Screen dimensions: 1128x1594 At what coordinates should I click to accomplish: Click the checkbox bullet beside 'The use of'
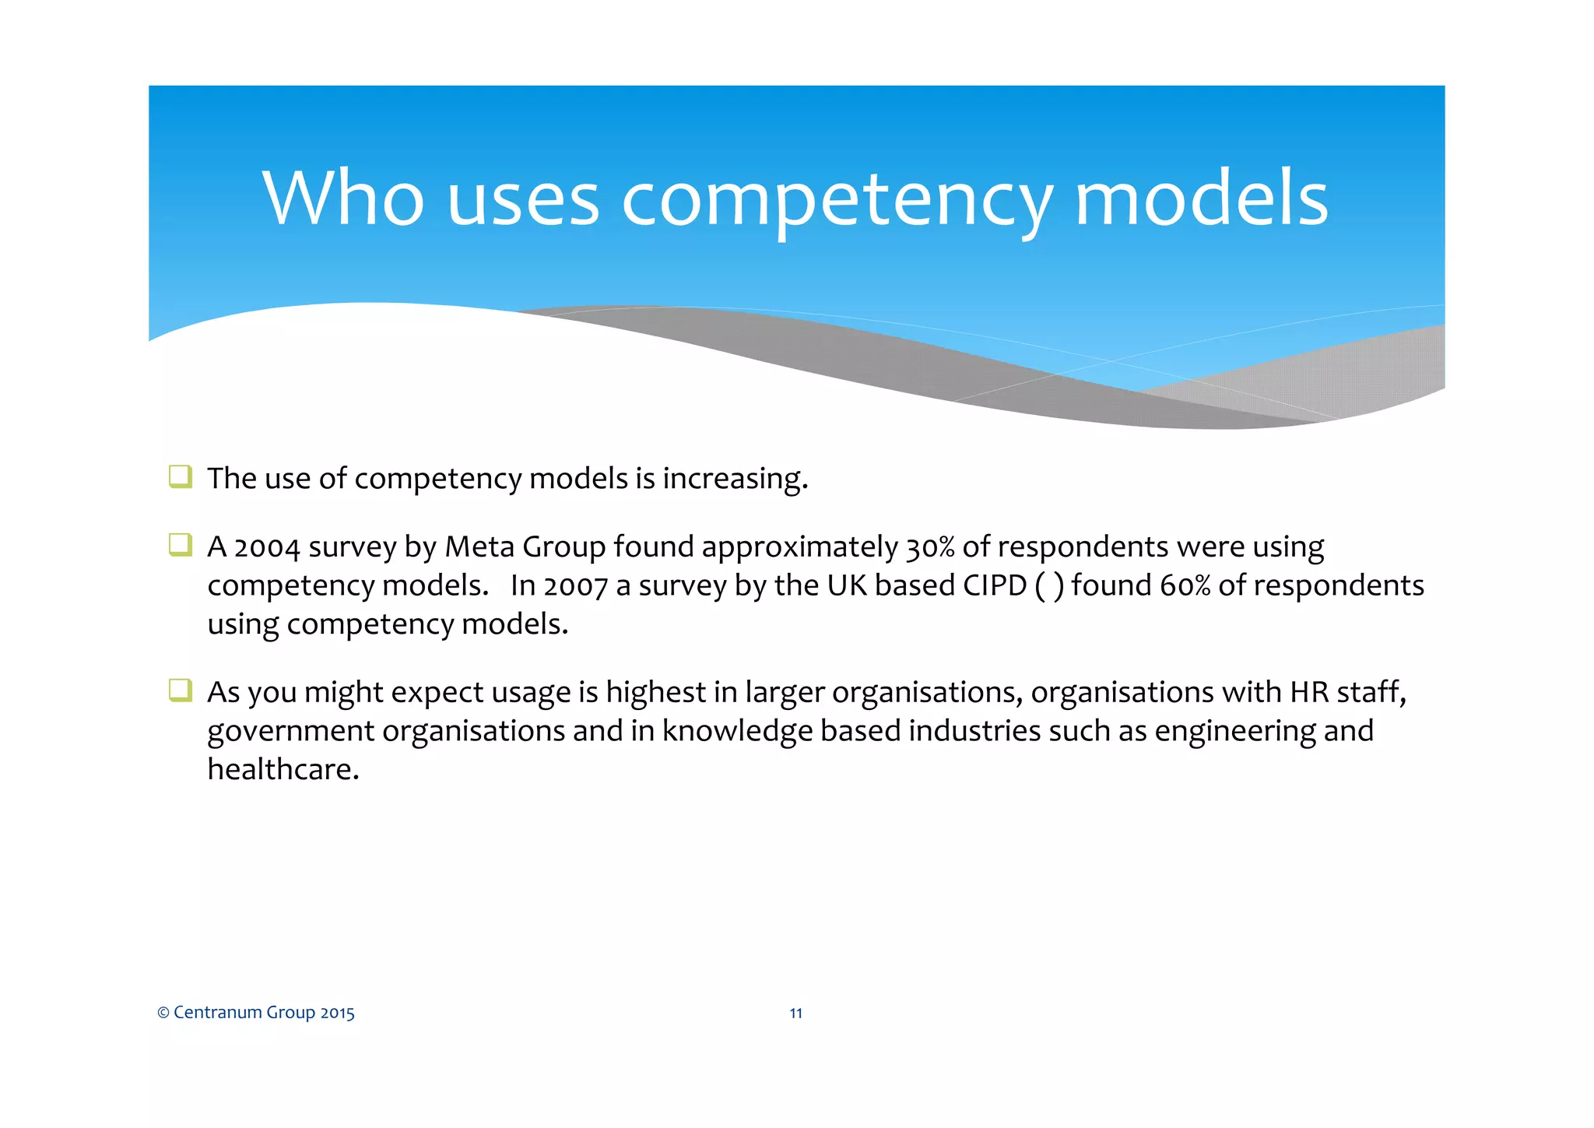point(181,476)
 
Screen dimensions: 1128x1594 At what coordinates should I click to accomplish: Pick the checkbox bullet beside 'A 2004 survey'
point(181,545)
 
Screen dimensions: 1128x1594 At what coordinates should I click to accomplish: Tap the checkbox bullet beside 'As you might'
point(181,691)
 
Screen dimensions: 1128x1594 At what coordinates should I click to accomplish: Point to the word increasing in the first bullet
point(735,479)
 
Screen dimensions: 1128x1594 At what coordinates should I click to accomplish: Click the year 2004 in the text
point(267,547)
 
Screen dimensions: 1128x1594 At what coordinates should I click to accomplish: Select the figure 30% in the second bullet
point(930,547)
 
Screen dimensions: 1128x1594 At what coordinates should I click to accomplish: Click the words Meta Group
point(525,547)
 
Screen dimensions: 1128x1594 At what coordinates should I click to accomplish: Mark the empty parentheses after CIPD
point(1049,586)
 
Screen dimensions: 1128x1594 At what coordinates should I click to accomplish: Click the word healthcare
point(283,770)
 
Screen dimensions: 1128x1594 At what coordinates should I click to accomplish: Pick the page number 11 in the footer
point(795,1013)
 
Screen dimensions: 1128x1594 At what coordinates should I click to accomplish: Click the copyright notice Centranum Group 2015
point(256,1013)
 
